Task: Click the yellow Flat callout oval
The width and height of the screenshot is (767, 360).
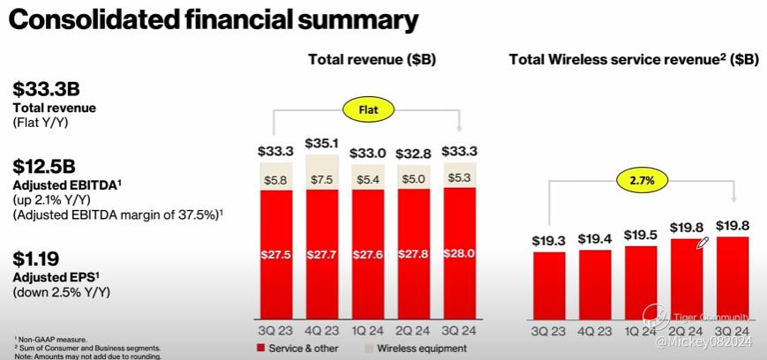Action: click(369, 111)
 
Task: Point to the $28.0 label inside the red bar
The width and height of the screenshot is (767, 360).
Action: click(459, 254)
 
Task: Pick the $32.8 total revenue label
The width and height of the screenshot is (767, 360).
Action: click(413, 152)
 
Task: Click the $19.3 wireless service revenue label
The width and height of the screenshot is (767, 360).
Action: click(548, 240)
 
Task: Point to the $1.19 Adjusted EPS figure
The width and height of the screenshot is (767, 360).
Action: click(36, 259)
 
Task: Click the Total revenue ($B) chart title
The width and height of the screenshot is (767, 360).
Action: click(372, 59)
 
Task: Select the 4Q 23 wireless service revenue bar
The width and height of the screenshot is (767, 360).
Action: click(594, 284)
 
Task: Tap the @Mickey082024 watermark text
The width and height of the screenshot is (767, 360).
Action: click(703, 339)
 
